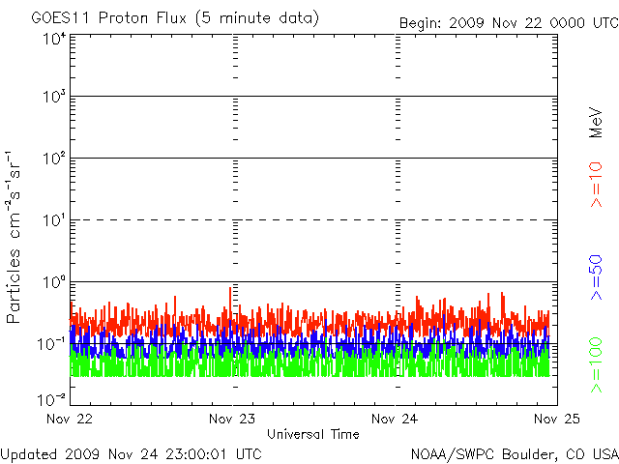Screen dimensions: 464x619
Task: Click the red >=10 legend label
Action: pyautogui.click(x=597, y=184)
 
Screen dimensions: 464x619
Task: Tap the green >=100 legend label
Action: pyautogui.click(x=597, y=364)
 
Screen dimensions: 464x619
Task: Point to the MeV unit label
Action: pyautogui.click(x=597, y=122)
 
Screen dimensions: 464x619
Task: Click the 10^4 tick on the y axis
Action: pyautogui.click(x=52, y=38)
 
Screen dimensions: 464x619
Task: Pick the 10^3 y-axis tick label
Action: pyautogui.click(x=52, y=97)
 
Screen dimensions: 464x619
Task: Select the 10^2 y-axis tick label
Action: pyautogui.click(x=52, y=159)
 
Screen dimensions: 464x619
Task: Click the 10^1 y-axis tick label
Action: pyautogui.click(x=52, y=220)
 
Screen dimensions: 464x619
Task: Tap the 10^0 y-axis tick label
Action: pyautogui.click(x=52, y=282)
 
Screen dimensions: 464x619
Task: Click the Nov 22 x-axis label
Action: pyautogui.click(x=69, y=420)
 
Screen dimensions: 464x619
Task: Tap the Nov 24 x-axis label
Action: pyautogui.click(x=395, y=420)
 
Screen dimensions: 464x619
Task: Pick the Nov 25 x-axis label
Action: pyautogui.click(x=557, y=420)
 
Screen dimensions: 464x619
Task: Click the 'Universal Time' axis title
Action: pyautogui.click(x=313, y=434)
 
